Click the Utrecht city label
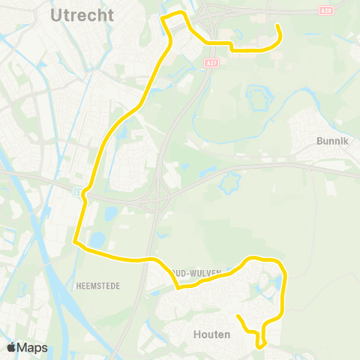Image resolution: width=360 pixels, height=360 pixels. pyautogui.click(x=83, y=15)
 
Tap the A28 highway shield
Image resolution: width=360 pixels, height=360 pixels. pyautogui.click(x=325, y=11)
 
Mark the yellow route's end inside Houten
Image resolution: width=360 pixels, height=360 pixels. pyautogui.click(x=238, y=316)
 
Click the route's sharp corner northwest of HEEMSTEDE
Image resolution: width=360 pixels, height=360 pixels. pyautogui.click(x=75, y=241)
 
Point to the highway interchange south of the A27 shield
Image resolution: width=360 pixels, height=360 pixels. pyautogui.click(x=158, y=196)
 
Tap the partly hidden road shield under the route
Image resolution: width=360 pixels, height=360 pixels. pyautogui.click(x=79, y=193)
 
